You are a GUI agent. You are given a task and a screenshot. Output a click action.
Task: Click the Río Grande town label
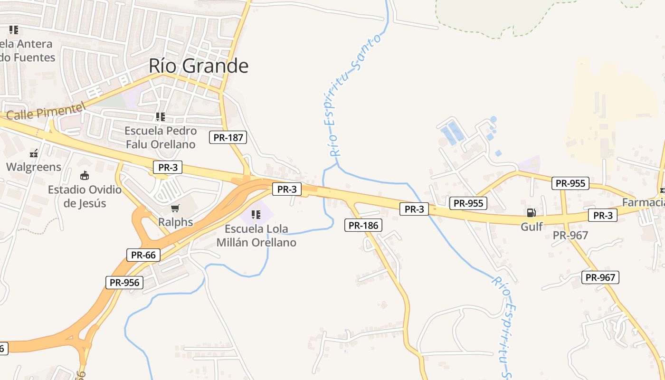199,66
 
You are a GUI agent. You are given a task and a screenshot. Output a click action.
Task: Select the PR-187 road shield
228,138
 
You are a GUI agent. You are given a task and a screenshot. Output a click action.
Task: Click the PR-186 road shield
363,225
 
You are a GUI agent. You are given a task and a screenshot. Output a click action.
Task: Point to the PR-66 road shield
143,255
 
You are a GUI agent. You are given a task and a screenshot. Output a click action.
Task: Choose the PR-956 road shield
124,283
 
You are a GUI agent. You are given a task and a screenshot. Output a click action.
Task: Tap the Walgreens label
34,167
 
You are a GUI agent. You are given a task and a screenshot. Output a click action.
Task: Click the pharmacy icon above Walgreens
34,153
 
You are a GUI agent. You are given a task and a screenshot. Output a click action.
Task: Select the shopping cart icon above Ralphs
175,208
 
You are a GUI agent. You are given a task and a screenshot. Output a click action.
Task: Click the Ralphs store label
176,222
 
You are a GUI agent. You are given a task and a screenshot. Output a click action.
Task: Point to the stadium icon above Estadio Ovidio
85,176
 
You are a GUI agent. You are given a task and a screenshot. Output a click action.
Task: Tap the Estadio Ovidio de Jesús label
85,197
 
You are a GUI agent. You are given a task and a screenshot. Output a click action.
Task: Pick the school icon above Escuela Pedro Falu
161,116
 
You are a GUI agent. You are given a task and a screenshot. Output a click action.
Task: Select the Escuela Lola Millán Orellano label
256,236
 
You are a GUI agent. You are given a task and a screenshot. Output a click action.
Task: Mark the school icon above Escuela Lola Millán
256,215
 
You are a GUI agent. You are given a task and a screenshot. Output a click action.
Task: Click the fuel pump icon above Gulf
531,213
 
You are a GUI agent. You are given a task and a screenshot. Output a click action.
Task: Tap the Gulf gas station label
532,227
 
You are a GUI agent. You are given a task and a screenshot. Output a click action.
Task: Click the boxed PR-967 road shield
600,277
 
